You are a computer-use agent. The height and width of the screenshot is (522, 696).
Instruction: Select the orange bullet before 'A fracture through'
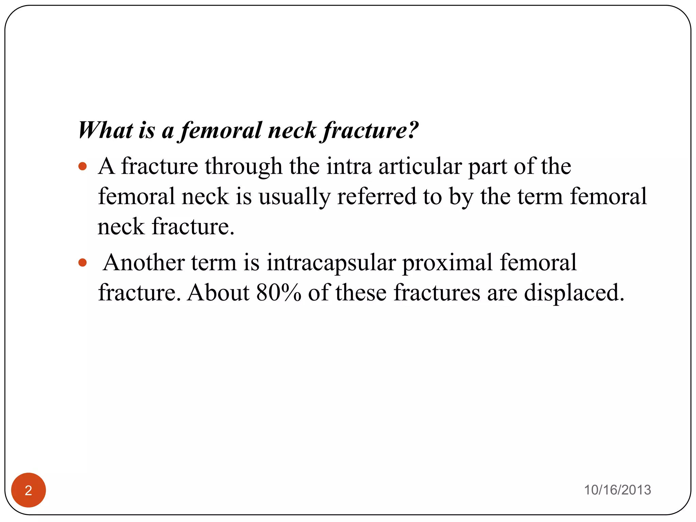[x=83, y=167]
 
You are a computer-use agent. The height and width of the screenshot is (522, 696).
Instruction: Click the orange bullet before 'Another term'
[x=83, y=263]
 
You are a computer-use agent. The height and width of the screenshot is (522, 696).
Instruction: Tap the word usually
[x=294, y=197]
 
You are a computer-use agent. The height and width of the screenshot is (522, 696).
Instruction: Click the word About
[x=218, y=293]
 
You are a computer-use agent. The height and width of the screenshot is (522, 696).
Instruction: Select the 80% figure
[x=279, y=293]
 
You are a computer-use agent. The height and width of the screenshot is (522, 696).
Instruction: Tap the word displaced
[x=574, y=293]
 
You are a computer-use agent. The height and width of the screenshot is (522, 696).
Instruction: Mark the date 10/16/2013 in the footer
[x=617, y=490]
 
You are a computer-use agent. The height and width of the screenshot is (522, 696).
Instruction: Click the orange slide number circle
[x=29, y=490]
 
